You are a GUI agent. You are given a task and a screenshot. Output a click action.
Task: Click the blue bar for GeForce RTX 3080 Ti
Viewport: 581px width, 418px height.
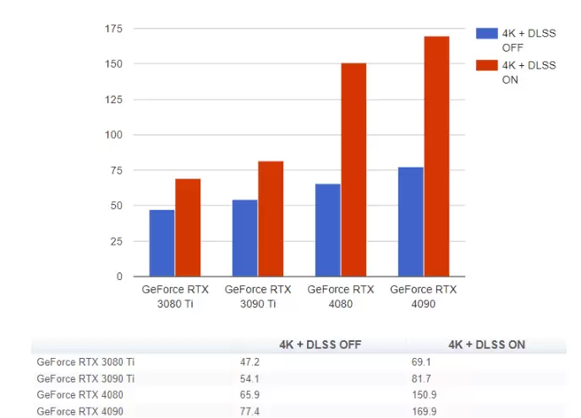pyautogui.click(x=162, y=243)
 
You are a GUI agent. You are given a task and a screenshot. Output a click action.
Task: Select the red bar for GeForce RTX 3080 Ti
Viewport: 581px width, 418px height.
pyautogui.click(x=188, y=228)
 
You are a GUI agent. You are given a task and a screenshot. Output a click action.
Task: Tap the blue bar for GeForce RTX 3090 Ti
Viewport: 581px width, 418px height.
pyautogui.click(x=244, y=238)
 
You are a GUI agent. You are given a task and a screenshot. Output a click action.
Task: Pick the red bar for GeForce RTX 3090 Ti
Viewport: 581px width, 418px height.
pyautogui.click(x=271, y=218)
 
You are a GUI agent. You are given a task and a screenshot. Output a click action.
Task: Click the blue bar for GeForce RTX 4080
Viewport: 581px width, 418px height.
pyautogui.click(x=327, y=229)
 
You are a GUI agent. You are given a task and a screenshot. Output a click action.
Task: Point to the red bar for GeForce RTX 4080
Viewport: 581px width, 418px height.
pyautogui.click(x=354, y=169)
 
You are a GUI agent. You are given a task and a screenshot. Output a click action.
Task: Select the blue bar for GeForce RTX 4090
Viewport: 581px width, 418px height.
pyautogui.click(x=410, y=222)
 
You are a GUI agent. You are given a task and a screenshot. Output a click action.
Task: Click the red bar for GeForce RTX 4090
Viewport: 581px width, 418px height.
pyautogui.click(x=436, y=156)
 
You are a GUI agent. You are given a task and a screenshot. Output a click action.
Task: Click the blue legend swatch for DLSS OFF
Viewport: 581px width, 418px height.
pyautogui.click(x=486, y=33)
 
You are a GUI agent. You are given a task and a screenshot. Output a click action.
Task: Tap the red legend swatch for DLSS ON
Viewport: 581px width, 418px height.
pyautogui.click(x=486, y=65)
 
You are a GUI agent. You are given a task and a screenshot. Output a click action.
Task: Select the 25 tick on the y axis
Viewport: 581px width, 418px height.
pyautogui.click(x=117, y=241)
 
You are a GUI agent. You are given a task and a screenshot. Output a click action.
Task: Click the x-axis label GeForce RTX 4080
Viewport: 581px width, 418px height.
pyautogui.click(x=341, y=296)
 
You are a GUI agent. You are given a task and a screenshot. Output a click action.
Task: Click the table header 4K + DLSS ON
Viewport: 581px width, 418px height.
pyautogui.click(x=486, y=344)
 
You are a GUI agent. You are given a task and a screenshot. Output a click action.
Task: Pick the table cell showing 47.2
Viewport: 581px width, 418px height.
pyautogui.click(x=251, y=361)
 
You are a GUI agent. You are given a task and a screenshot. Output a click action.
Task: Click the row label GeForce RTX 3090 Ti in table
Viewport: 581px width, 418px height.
pyautogui.click(x=85, y=377)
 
